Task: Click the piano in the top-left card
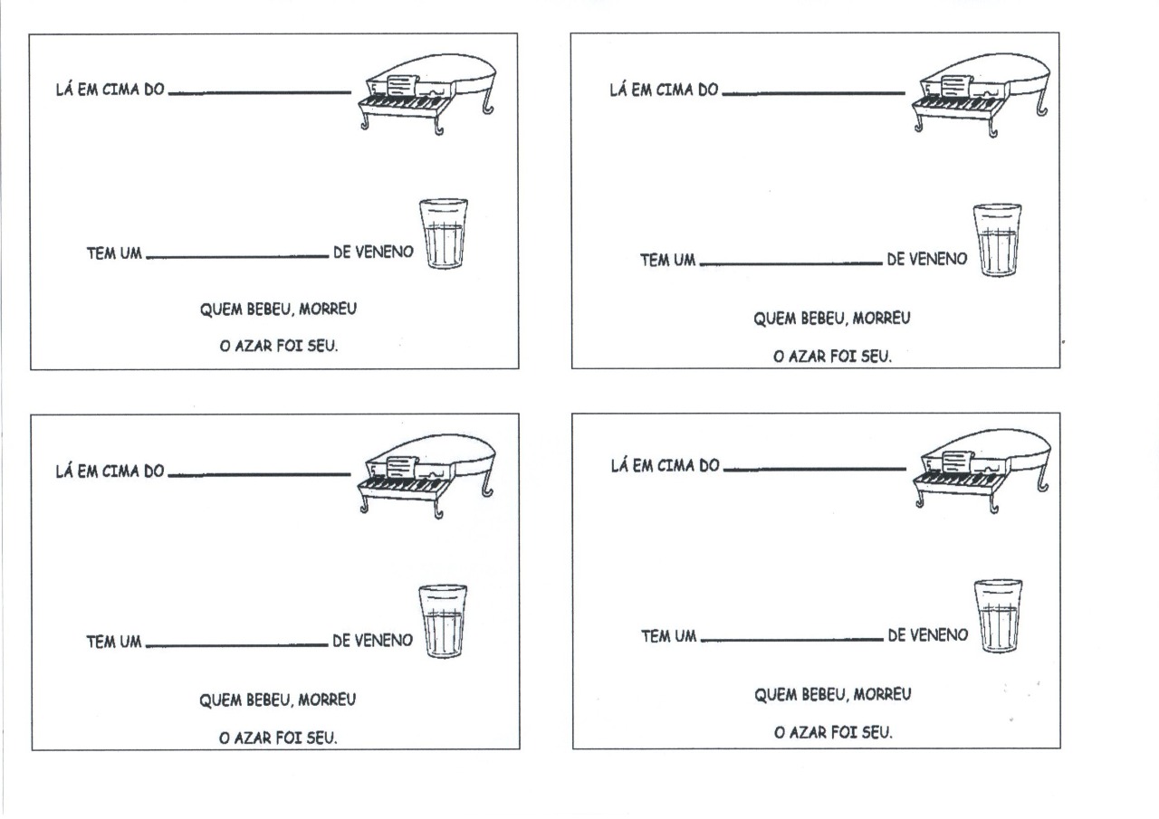click(426, 94)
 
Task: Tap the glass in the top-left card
click(444, 233)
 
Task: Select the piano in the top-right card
click(981, 95)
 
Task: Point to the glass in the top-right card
click(997, 240)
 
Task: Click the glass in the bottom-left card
click(443, 621)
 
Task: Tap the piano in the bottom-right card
click(982, 471)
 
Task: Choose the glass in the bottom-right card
click(998, 616)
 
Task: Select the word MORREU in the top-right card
click(881, 318)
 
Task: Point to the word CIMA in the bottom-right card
click(675, 465)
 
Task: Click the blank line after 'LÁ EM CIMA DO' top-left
click(260, 93)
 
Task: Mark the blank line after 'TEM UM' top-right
click(791, 263)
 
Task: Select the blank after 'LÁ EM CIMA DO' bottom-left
click(259, 474)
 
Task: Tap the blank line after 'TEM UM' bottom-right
click(792, 640)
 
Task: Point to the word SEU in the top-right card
click(876, 357)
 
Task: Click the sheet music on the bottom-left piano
click(402, 467)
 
